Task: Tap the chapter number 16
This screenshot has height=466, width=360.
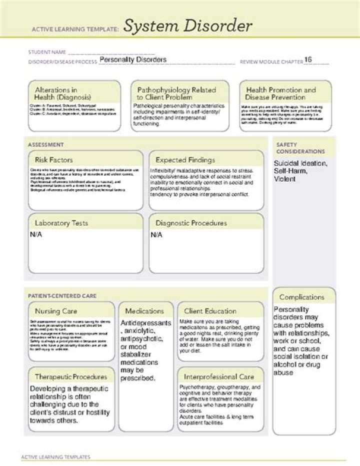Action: click(x=308, y=60)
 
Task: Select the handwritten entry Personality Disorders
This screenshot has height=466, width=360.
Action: click(x=133, y=60)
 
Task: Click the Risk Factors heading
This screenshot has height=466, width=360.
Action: click(x=54, y=160)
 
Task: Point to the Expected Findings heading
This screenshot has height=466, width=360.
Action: click(x=185, y=160)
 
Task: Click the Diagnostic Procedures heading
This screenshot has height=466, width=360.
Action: click(x=191, y=223)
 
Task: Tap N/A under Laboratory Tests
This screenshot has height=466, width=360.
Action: click(x=36, y=234)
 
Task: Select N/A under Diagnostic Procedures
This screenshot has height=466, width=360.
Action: click(x=156, y=234)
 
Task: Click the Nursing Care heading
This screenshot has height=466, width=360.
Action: click(x=56, y=311)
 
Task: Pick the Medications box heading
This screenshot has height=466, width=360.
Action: click(x=144, y=311)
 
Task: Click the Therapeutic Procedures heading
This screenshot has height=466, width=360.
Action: click(x=71, y=376)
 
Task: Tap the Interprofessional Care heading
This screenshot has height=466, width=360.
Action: click(x=219, y=376)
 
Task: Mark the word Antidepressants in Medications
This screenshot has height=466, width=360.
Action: click(x=145, y=323)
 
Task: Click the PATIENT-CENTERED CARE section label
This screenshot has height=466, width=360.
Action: click(x=62, y=296)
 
